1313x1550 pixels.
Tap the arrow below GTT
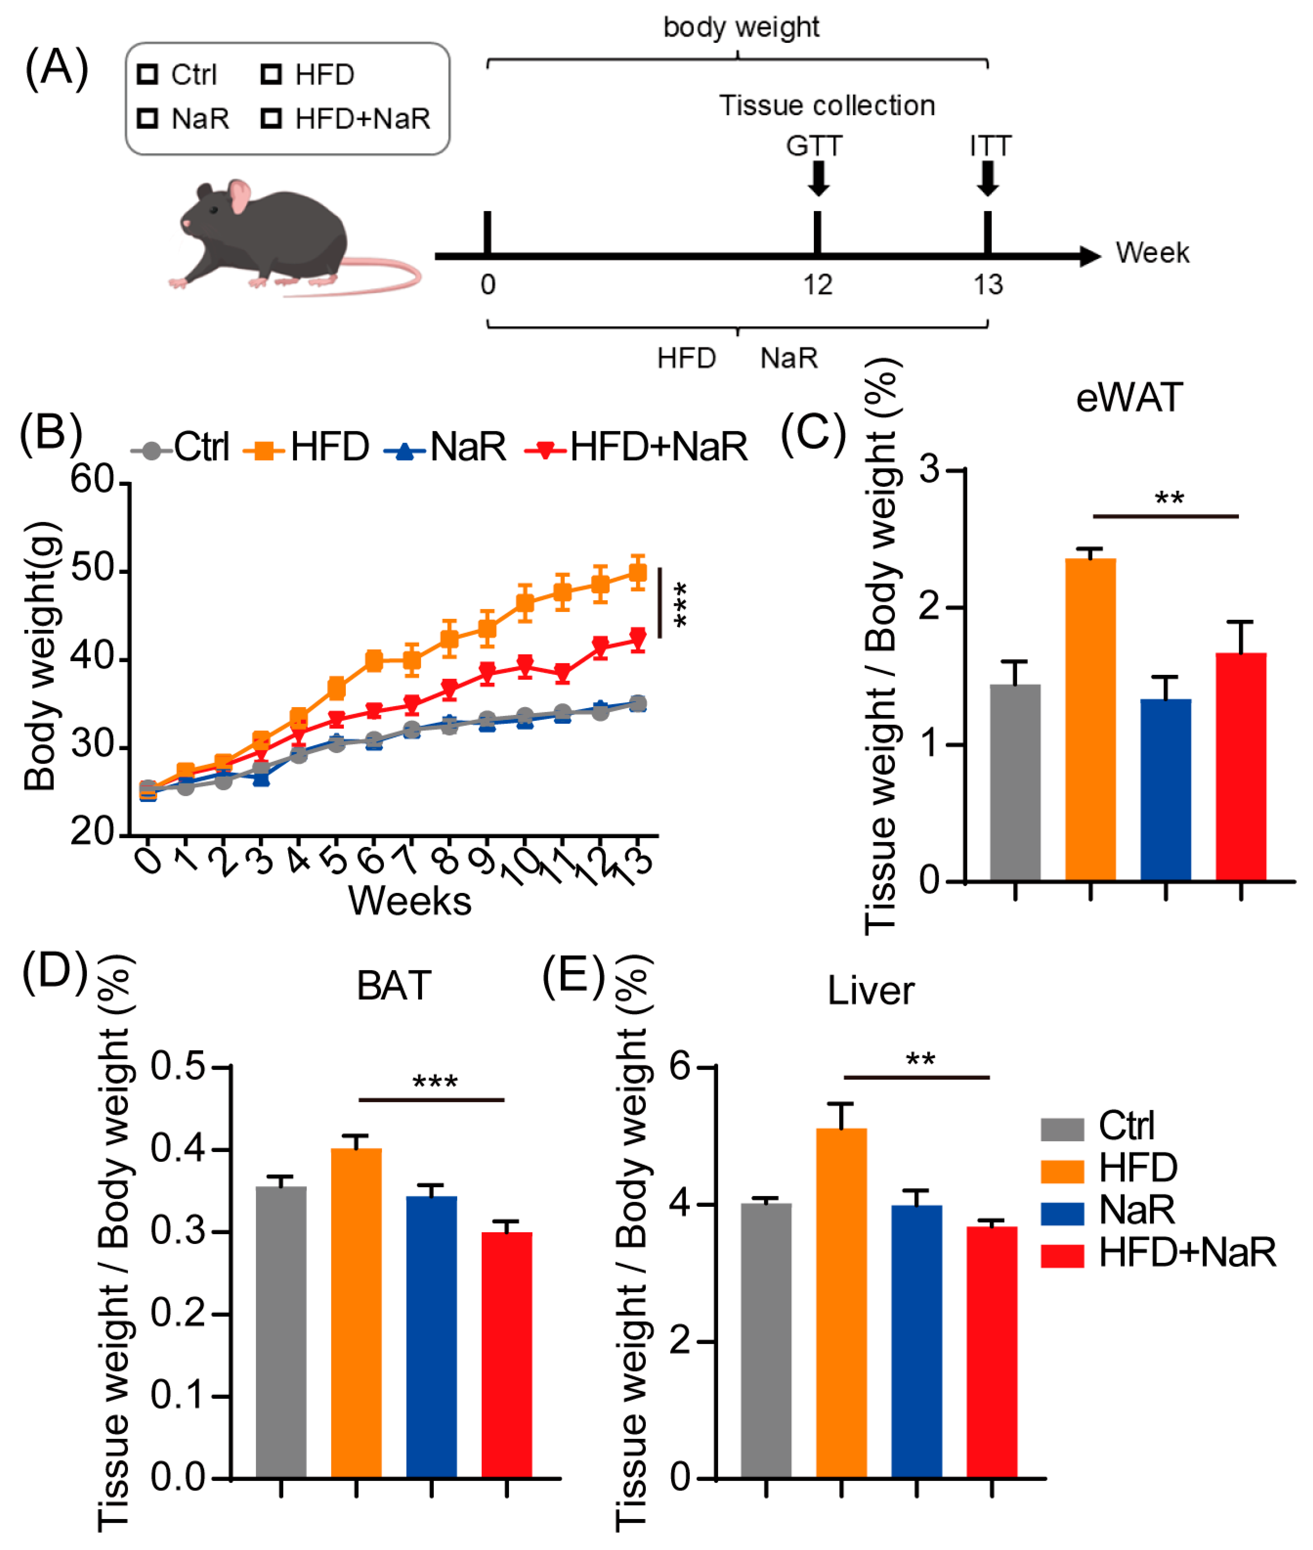pyautogui.click(x=818, y=179)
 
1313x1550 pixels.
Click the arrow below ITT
pyautogui.click(x=988, y=179)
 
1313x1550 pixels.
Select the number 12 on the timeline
pyautogui.click(x=817, y=285)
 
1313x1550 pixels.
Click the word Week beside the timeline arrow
pyautogui.click(x=1152, y=253)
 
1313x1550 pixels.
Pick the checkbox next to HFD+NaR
pyautogui.click(x=271, y=118)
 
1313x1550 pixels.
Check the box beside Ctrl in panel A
pyautogui.click(x=147, y=74)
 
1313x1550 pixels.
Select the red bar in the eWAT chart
pyautogui.click(x=1241, y=767)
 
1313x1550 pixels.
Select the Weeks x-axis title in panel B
pyautogui.click(x=409, y=902)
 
